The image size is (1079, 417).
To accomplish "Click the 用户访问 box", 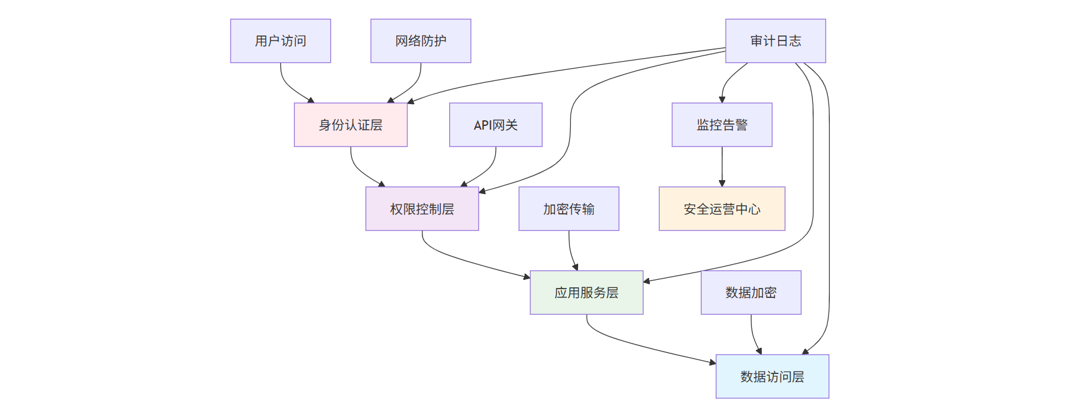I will coord(280,41).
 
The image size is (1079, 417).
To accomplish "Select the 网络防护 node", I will coord(421,41).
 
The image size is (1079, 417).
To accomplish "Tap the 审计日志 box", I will coord(775,41).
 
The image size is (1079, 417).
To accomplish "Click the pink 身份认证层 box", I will coord(350,125).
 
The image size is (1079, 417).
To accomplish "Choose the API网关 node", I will coord(495,125).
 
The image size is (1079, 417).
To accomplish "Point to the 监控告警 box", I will coord(721,125).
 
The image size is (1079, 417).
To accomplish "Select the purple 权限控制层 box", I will coord(422,209).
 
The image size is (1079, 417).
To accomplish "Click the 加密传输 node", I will coord(568,209).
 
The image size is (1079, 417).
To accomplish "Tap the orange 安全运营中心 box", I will coord(721,209).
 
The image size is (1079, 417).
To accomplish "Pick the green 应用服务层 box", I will coord(586,293).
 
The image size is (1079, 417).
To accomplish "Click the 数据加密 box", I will coord(751,293).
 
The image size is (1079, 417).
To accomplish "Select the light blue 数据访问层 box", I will coord(772,376).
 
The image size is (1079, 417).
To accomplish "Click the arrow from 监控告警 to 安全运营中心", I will coord(722,167).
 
